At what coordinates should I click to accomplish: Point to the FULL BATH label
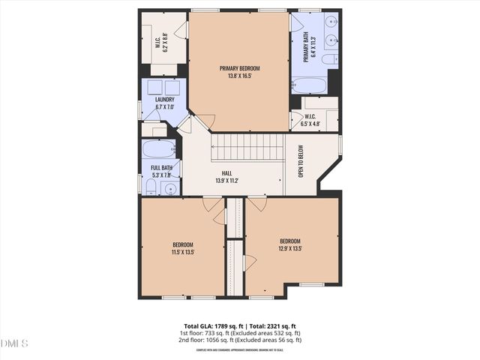[161, 167]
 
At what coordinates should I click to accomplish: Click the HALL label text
[226, 173]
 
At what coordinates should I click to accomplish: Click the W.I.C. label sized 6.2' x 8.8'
[159, 46]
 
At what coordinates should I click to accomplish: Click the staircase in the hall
[247, 147]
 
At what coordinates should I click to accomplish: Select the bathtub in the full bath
[158, 148]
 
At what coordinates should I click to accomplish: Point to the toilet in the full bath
[151, 188]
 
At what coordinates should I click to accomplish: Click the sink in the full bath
[170, 188]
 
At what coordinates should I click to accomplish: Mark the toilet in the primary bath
[329, 59]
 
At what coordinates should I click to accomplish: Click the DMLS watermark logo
[14, 343]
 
